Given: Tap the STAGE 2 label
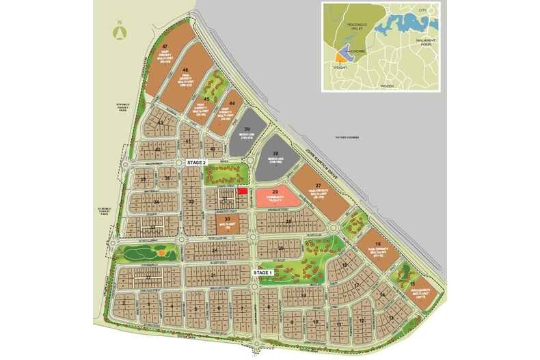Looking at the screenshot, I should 199,162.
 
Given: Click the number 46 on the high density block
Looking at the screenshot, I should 185,70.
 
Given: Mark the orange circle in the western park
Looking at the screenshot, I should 160,253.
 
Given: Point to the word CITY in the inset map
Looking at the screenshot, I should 422,11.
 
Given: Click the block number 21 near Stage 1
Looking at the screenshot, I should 213,275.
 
